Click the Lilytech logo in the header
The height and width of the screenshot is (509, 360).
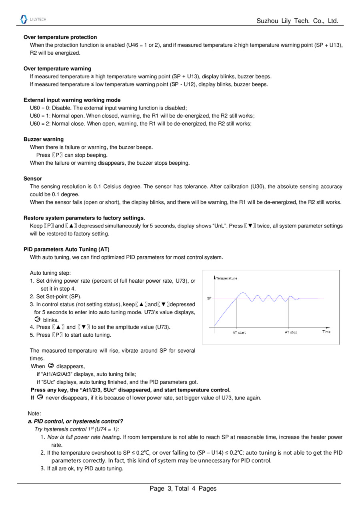pos(33,19)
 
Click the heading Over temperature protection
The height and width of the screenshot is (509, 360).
pos(60,37)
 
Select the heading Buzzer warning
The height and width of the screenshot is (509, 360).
pos(44,140)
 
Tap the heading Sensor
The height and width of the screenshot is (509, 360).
pos(33,179)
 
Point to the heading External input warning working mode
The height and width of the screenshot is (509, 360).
pos(72,100)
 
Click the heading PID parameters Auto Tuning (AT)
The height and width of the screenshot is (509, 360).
pos(66,250)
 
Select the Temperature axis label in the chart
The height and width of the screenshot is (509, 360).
pos(226,278)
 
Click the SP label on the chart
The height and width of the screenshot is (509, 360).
pos(209,298)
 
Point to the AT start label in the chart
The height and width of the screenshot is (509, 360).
pos(239,333)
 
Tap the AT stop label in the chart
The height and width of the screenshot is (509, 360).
pos(291,332)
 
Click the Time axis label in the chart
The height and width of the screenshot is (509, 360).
pos(326,332)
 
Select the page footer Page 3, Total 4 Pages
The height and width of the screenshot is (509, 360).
pos(183,488)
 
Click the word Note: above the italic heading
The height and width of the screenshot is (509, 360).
pos(35,413)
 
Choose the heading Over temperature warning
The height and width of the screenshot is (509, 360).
pos(57,69)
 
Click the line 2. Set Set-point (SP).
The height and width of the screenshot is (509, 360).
pos(56,297)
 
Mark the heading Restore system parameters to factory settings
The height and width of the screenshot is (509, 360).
pos(84,218)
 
